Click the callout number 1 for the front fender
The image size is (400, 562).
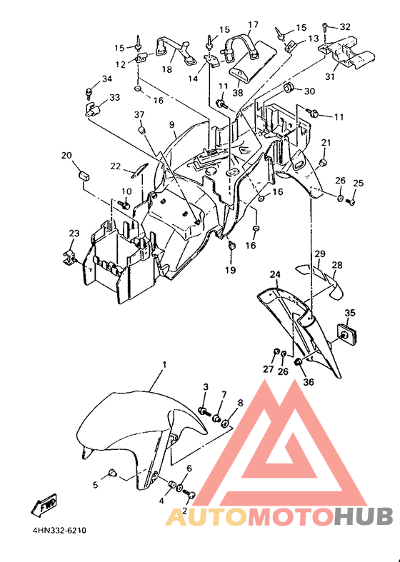pyautogui.click(x=164, y=365)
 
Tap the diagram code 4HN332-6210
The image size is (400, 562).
pyautogui.click(x=59, y=530)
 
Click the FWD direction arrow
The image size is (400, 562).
pyautogui.click(x=44, y=505)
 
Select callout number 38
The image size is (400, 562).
pyautogui.click(x=238, y=92)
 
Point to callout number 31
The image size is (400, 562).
pyautogui.click(x=330, y=76)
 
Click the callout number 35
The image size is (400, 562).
pyautogui.click(x=350, y=313)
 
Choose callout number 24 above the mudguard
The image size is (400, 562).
pyautogui.click(x=275, y=274)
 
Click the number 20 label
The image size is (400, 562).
pyautogui.click(x=66, y=156)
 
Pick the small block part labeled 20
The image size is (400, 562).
pyautogui.click(x=84, y=176)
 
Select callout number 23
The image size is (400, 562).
pyautogui.click(x=74, y=234)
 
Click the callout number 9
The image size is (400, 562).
pyautogui.click(x=172, y=125)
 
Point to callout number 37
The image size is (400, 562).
pyautogui.click(x=139, y=115)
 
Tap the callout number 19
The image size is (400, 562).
pyautogui.click(x=231, y=270)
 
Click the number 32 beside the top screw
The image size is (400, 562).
pyautogui.click(x=345, y=27)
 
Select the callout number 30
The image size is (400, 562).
pyautogui.click(x=309, y=91)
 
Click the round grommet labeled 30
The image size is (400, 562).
pyautogui.click(x=288, y=86)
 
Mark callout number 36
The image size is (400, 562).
pyautogui.click(x=309, y=382)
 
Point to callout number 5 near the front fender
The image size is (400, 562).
pyautogui.click(x=95, y=486)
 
